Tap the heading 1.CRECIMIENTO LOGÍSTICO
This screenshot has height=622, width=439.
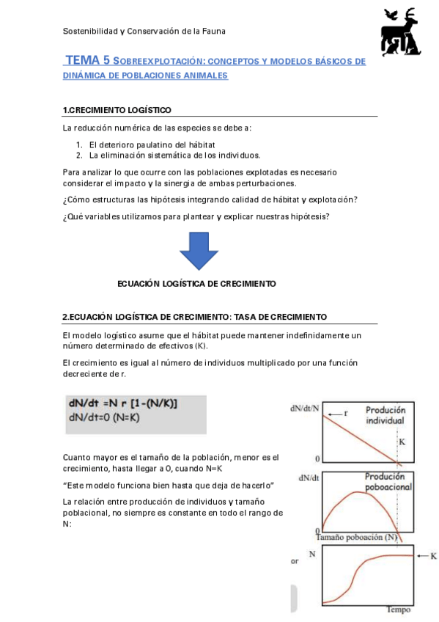click(117, 110)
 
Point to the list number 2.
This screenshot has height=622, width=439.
click(79, 155)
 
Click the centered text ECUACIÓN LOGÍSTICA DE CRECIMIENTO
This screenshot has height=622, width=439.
click(196, 283)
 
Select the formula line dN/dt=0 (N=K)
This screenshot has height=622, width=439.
click(104, 417)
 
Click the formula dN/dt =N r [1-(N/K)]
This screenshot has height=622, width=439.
click(122, 403)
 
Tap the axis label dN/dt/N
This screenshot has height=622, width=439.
click(304, 408)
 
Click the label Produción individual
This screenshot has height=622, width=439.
click(385, 416)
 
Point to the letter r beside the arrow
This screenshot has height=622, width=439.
click(346, 413)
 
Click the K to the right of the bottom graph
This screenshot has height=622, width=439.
click(433, 556)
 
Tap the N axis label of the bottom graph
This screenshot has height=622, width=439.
click(312, 554)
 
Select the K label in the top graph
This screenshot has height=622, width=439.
click(401, 442)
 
